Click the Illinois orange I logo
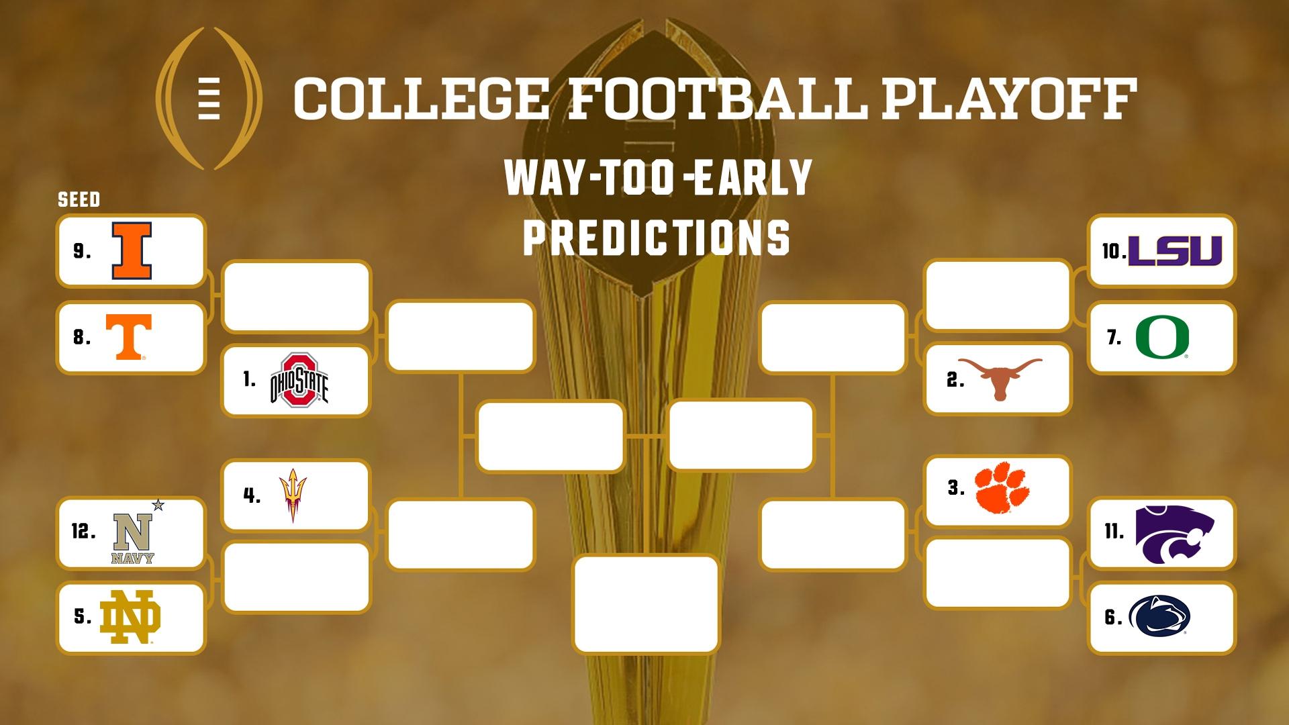pos(132,251)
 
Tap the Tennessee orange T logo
pos(129,337)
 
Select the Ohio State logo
pos(299,380)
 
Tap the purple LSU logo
pos(1175,251)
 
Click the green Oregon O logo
pos(1162,337)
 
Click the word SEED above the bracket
pos(79,199)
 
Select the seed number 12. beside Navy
pos(83,532)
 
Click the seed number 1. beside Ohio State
pos(250,380)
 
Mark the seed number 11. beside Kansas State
pos(1114,532)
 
